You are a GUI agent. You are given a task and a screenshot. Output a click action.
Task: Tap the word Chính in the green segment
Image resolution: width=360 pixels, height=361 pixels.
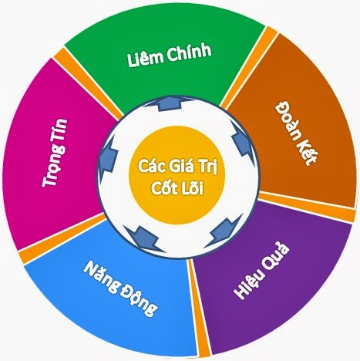point(190,52)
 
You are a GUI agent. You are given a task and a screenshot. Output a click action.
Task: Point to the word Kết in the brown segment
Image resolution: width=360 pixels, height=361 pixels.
point(308,154)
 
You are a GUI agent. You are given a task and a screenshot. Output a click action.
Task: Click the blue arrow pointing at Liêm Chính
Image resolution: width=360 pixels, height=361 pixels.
point(169,103)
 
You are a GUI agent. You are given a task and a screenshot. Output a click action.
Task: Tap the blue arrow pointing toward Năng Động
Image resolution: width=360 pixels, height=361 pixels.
point(146,237)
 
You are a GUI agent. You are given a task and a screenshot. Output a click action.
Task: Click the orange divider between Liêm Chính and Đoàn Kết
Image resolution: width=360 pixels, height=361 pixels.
point(249,67)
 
